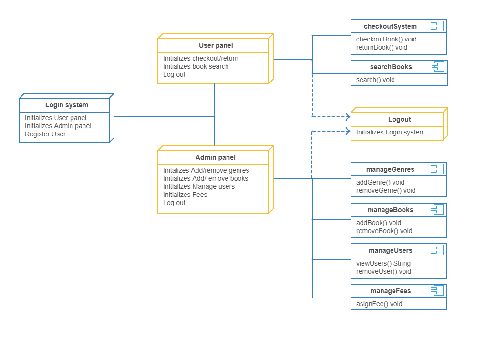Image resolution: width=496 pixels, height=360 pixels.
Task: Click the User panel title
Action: [x=216, y=46]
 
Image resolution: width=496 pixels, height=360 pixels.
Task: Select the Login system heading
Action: [x=67, y=105]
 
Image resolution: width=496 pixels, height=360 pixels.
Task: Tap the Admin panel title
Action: [x=215, y=157]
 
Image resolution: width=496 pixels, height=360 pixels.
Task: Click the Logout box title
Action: [x=399, y=119]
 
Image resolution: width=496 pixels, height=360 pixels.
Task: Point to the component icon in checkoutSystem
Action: [x=437, y=26]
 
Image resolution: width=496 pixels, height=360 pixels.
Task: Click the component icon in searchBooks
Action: [x=438, y=66]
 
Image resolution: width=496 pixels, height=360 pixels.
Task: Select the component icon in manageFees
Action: [x=437, y=290]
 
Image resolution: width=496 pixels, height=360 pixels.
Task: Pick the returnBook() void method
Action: [x=382, y=47]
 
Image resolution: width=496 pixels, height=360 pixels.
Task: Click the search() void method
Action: [x=375, y=80]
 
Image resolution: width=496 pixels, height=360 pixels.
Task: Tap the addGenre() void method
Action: [x=380, y=182]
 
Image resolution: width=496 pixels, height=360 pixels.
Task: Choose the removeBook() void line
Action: [x=384, y=231]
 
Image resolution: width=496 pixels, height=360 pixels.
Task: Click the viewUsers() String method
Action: [x=383, y=263]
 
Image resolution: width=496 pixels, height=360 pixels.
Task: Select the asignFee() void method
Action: [x=379, y=304]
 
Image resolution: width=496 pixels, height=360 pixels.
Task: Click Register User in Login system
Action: [x=45, y=134]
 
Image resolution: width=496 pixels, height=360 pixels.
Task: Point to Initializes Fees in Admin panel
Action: [x=185, y=195]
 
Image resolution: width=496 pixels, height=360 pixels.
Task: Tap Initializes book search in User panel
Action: [x=196, y=66]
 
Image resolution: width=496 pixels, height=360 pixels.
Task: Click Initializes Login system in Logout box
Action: [x=390, y=132]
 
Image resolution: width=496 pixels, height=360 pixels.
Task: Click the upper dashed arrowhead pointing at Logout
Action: [x=348, y=117]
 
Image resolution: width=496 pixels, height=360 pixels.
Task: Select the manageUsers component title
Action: [x=390, y=250]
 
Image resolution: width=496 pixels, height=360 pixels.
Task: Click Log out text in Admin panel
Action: [x=174, y=203]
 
